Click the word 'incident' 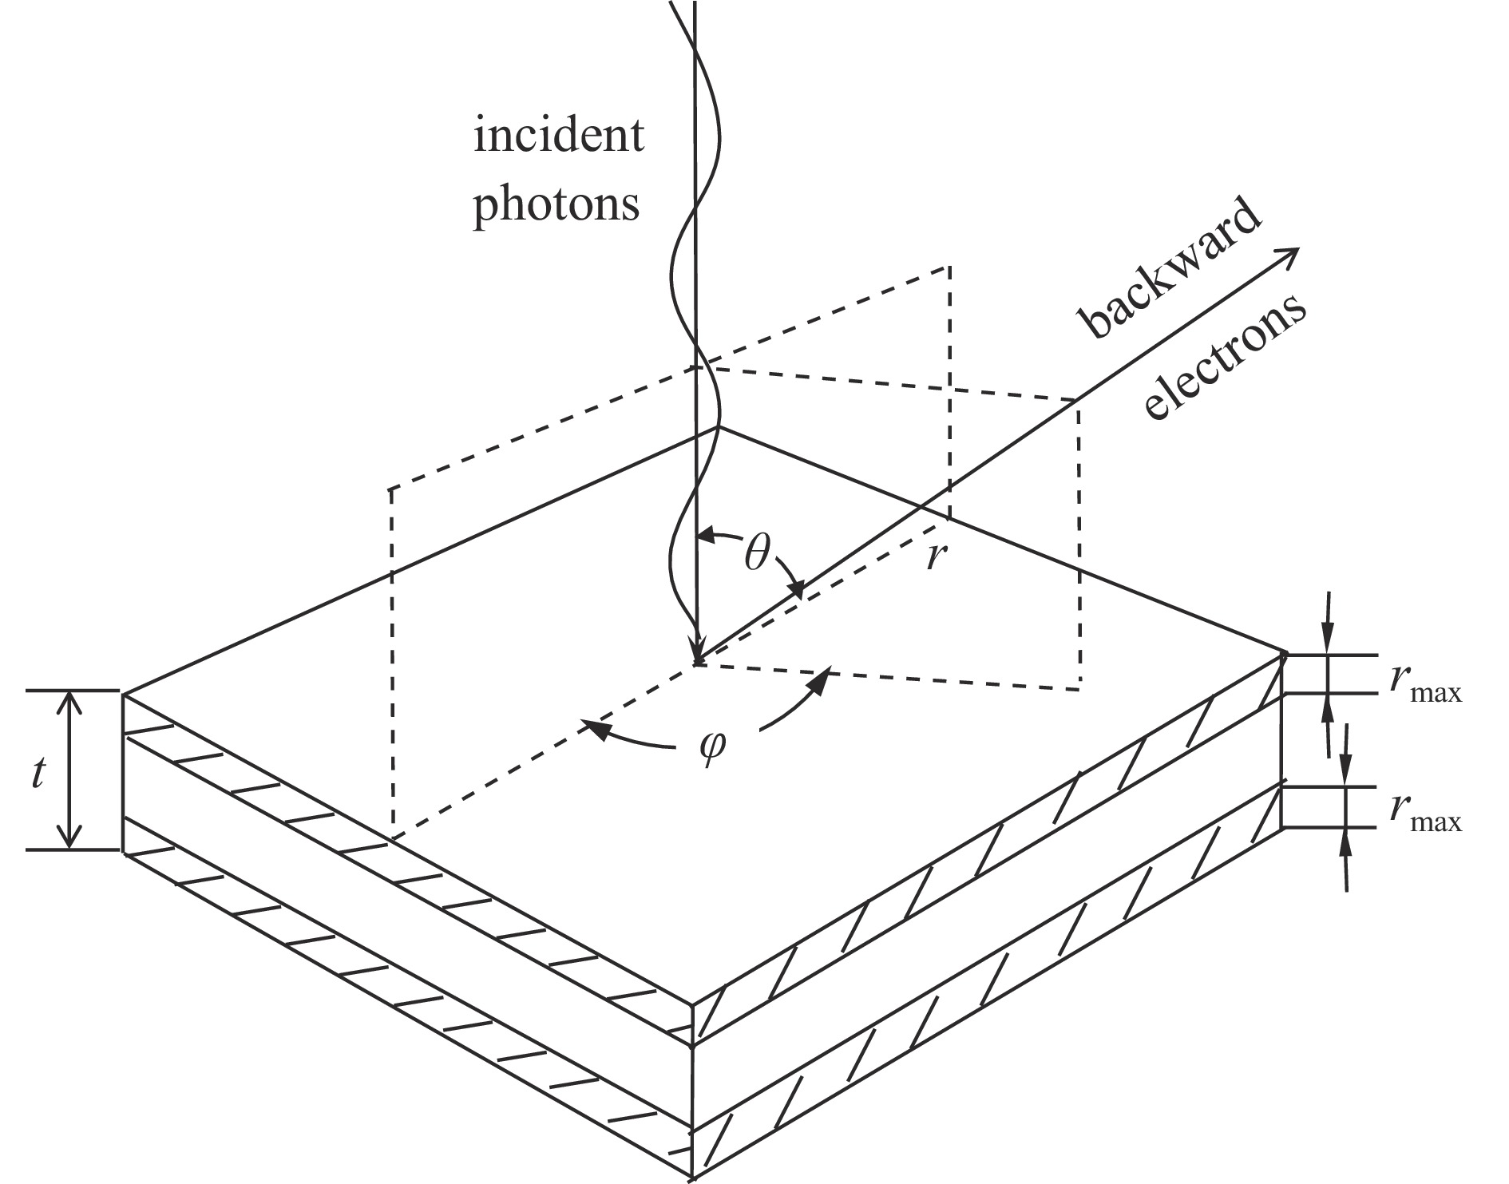coord(558,137)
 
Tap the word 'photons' coord(556,204)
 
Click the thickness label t coord(38,774)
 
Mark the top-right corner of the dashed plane coord(949,265)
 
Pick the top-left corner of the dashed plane coord(390,488)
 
